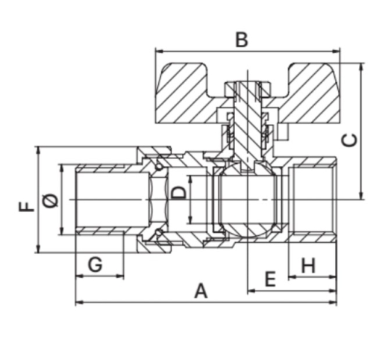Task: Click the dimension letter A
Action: point(201,291)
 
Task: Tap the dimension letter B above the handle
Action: point(242,40)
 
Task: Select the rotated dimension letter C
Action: point(349,140)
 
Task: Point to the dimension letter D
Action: point(179,193)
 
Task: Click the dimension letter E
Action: point(271,279)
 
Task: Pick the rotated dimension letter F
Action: point(27,207)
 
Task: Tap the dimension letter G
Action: point(95,264)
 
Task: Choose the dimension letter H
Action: point(308,265)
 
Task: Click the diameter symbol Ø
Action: point(50,200)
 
